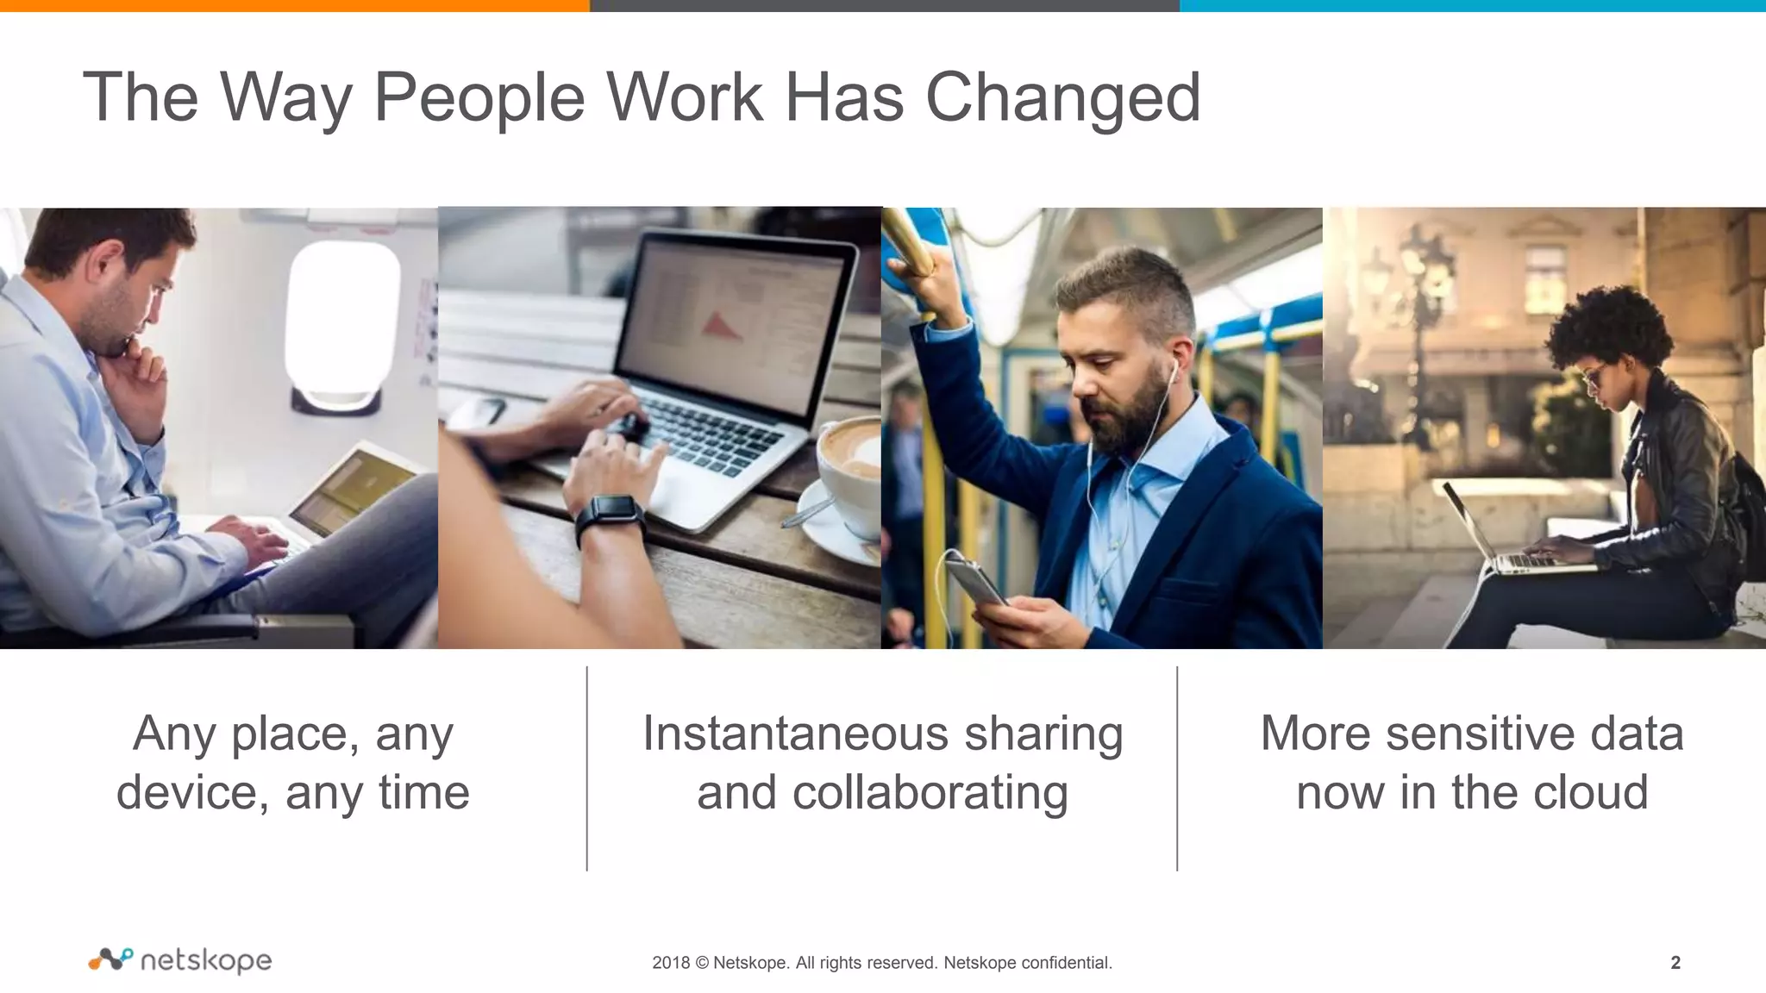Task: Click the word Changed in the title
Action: pos(1062,97)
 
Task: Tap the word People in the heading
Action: pos(479,97)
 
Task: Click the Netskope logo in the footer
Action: pos(180,960)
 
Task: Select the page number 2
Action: pos(1675,963)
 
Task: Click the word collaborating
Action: pos(930,794)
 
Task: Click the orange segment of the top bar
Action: pos(294,5)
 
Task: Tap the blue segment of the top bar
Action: pos(1472,5)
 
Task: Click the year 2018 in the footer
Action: pos(670,963)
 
